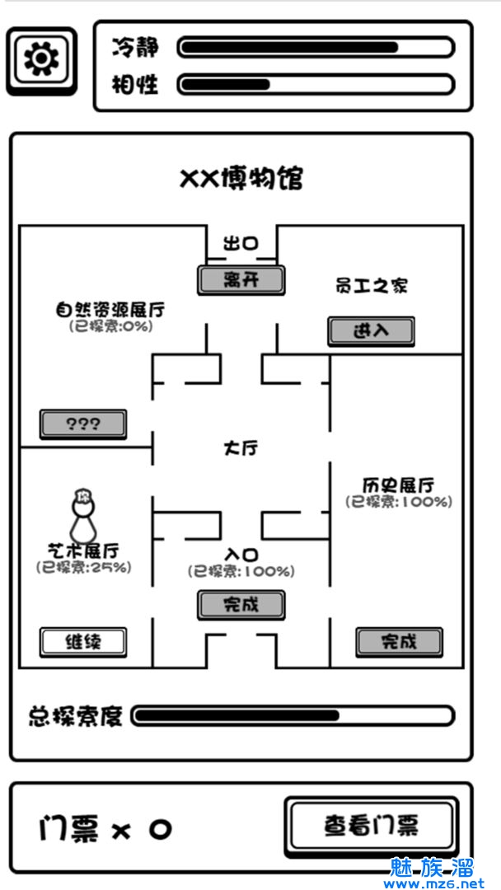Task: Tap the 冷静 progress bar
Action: [316, 47]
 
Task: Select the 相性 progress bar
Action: [316, 84]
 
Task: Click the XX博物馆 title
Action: [241, 178]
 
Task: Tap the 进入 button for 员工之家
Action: [371, 331]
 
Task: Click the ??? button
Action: [83, 424]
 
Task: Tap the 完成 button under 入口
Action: [241, 605]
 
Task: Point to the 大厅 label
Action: [241, 449]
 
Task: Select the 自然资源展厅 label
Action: [110, 310]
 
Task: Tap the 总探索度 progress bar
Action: [293, 715]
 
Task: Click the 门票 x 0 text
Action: [105, 828]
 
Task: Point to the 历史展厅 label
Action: [399, 485]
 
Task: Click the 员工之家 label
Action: [372, 286]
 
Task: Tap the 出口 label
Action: [241, 244]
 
